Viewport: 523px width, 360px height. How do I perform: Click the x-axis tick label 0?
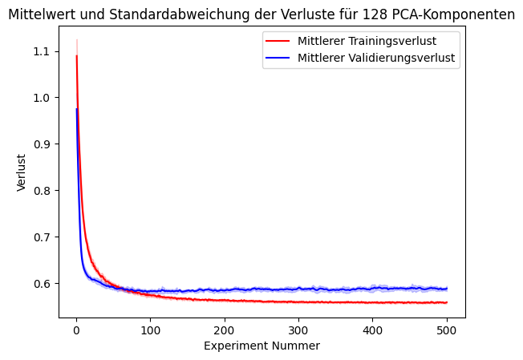[x=76, y=330]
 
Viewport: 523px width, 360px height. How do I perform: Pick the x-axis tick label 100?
[x=150, y=330]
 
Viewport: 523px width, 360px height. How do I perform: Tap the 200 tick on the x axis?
[x=225, y=330]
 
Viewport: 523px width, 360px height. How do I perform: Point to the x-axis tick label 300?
[x=298, y=330]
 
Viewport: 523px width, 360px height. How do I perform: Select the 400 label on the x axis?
[x=373, y=330]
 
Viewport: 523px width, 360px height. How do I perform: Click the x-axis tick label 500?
[x=447, y=330]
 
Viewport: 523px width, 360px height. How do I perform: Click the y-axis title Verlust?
[x=22, y=172]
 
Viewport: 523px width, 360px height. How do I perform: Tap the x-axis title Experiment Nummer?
[x=261, y=346]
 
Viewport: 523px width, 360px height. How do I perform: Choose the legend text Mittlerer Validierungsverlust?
[x=378, y=58]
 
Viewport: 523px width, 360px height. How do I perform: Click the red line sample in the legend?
[x=278, y=40]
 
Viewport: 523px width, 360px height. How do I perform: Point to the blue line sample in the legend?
[x=278, y=58]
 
